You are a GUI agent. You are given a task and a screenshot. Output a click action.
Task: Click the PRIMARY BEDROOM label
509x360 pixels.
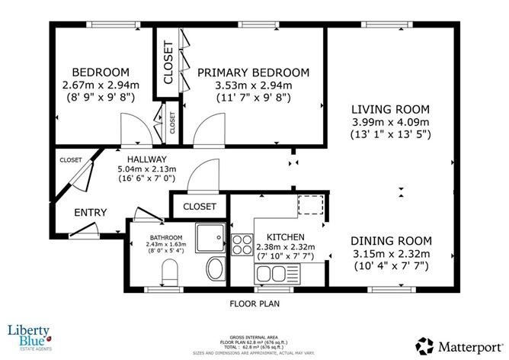(x=254, y=72)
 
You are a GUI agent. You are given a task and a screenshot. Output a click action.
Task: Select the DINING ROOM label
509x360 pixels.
(x=392, y=239)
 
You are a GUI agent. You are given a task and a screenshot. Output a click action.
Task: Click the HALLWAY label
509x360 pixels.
(x=142, y=159)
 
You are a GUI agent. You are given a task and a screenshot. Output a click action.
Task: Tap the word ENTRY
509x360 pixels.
(x=91, y=212)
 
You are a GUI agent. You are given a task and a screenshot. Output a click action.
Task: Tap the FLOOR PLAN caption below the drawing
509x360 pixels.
(x=256, y=303)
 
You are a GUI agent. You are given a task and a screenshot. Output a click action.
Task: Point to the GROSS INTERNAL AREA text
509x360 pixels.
(x=256, y=336)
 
